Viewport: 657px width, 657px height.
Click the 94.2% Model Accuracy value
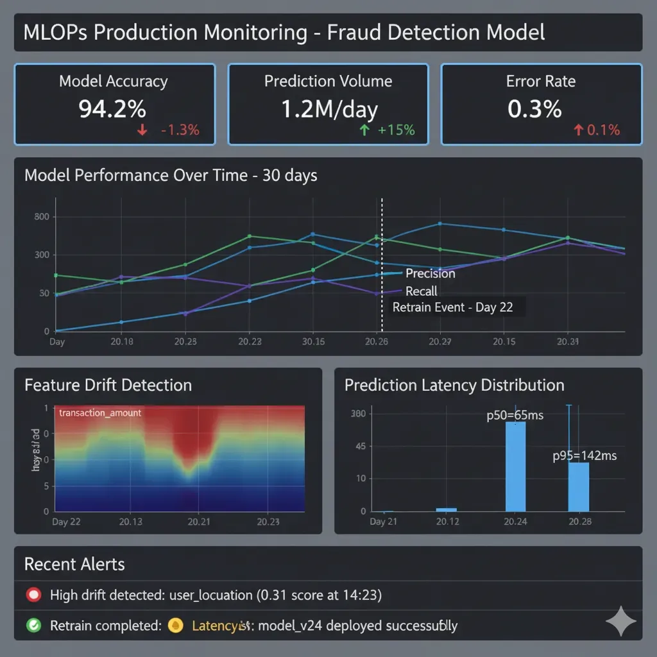pyautogui.click(x=112, y=109)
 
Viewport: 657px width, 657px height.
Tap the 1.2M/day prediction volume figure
pyautogui.click(x=329, y=109)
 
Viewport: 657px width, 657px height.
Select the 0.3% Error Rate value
pyautogui.click(x=534, y=109)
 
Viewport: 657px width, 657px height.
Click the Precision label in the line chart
pyautogui.click(x=431, y=273)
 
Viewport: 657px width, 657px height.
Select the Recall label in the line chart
pyautogui.click(x=422, y=291)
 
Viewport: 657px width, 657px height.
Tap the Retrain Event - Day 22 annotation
pyautogui.click(x=452, y=307)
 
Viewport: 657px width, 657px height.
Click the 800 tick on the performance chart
pyautogui.click(x=41, y=217)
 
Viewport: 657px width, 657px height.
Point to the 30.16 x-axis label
pyautogui.click(x=313, y=342)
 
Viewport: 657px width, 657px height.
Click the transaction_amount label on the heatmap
pyautogui.click(x=99, y=413)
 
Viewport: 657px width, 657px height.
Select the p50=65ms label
pyautogui.click(x=515, y=415)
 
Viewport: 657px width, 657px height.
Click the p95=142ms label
pyautogui.click(x=584, y=456)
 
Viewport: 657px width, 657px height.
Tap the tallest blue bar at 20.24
pyautogui.click(x=515, y=466)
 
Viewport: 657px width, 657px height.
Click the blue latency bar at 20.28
pyautogui.click(x=579, y=486)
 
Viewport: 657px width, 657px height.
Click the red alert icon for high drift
pyautogui.click(x=33, y=595)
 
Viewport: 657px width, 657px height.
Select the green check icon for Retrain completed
pyautogui.click(x=33, y=625)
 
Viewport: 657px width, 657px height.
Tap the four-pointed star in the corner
pyautogui.click(x=620, y=621)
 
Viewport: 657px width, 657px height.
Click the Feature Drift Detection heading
pyautogui.click(x=108, y=385)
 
